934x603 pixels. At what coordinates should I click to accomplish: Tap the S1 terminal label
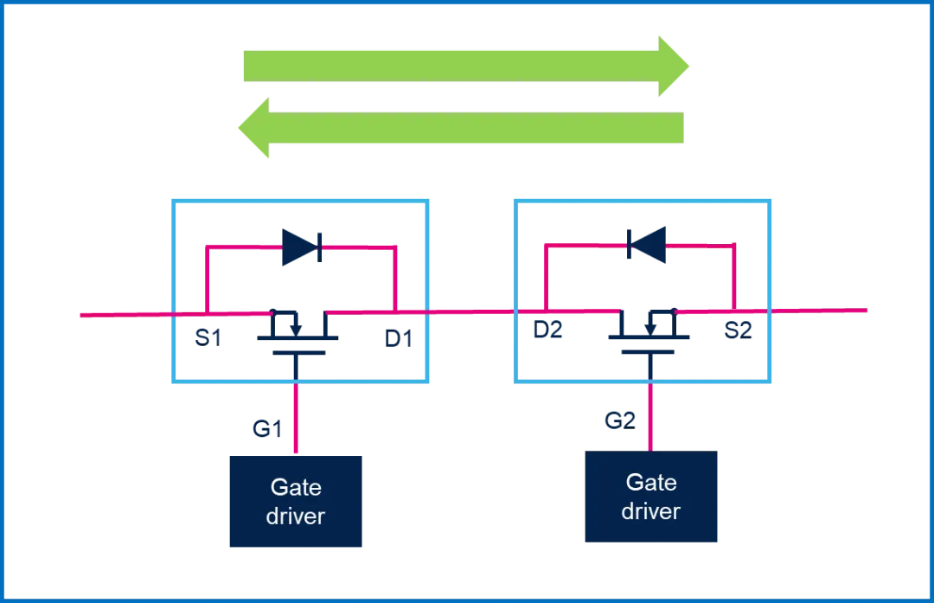pos(208,337)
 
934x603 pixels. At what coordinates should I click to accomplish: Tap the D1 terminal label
pos(399,338)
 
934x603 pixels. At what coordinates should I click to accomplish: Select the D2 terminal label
pos(547,330)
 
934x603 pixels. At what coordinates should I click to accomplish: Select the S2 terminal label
pos(738,330)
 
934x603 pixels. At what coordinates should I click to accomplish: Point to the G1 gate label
pos(267,428)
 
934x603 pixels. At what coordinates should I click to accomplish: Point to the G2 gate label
pos(620,421)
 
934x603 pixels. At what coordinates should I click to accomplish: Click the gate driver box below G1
pos(296,502)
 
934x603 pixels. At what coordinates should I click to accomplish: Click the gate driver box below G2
pos(651,497)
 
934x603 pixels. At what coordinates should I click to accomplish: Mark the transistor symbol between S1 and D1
pos(297,333)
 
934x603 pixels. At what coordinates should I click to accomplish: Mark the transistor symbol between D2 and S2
pos(649,331)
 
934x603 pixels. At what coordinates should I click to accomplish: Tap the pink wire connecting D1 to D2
pos(471,311)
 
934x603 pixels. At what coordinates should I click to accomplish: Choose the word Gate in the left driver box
pos(296,487)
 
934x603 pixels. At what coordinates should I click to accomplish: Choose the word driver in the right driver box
pos(651,510)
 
